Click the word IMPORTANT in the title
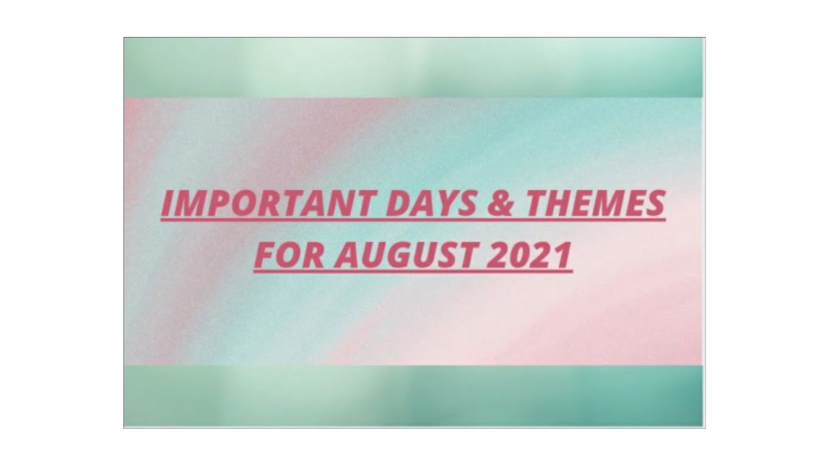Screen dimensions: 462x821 [x=269, y=205]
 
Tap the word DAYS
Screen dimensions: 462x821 [x=431, y=205]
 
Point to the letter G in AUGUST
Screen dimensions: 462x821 [x=394, y=255]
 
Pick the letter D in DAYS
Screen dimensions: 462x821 [x=395, y=205]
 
